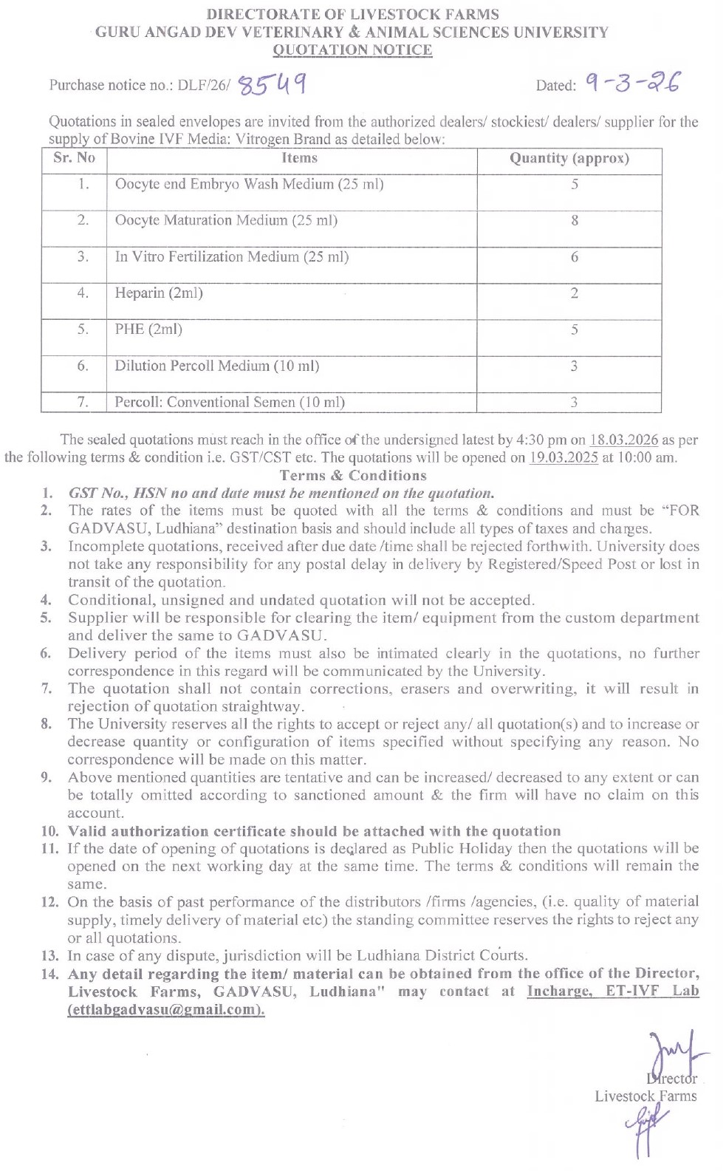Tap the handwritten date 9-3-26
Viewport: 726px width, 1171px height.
click(x=632, y=83)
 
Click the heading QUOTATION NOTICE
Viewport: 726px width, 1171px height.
click(x=352, y=50)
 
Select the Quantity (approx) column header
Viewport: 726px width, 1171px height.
click(x=569, y=159)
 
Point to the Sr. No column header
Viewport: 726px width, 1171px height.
click(x=75, y=157)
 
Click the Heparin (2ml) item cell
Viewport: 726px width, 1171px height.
click(x=159, y=293)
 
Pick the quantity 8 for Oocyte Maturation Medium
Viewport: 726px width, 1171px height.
click(x=575, y=220)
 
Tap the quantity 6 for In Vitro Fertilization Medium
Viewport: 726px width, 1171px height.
click(x=575, y=257)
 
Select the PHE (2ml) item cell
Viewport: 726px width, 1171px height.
click(x=148, y=330)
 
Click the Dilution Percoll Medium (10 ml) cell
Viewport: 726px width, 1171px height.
click(x=216, y=366)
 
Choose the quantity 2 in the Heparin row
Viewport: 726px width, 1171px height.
click(x=575, y=293)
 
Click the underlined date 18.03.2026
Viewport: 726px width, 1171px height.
click(x=623, y=440)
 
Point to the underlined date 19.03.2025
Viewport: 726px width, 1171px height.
click(x=564, y=457)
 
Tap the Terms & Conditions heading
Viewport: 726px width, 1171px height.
click(x=353, y=476)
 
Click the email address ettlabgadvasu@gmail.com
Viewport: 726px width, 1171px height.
click(x=166, y=1010)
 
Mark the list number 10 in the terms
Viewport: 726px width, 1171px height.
click(x=49, y=831)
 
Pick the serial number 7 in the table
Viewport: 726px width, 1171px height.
click(x=83, y=402)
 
